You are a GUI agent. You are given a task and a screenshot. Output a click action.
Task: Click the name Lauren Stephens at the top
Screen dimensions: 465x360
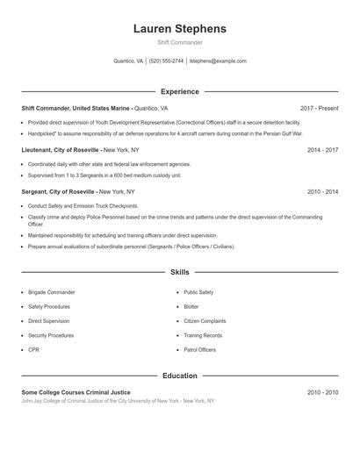tap(179, 28)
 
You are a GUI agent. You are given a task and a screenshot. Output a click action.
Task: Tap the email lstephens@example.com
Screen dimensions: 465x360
tap(218, 61)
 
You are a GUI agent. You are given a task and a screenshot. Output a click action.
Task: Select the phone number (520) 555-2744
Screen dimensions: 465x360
tap(166, 61)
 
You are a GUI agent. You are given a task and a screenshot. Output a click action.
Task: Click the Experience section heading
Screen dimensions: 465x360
tap(179, 91)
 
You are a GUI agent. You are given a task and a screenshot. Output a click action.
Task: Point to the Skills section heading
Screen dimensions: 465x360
tap(179, 273)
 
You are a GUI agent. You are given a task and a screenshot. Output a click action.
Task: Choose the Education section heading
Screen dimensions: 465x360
tap(179, 376)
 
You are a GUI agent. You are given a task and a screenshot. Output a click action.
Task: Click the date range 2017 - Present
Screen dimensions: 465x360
tap(319, 108)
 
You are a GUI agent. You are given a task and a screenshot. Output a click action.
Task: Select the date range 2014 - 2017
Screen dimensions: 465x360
tap(322, 150)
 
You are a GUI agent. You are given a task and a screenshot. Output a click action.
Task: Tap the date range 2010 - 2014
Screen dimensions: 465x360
tap(322, 190)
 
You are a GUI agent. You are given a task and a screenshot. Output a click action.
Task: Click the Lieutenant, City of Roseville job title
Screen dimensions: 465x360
tap(60, 150)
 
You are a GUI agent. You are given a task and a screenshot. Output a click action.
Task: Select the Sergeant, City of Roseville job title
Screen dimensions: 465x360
tap(58, 190)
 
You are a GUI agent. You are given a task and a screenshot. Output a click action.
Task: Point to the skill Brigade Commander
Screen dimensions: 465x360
tap(52, 292)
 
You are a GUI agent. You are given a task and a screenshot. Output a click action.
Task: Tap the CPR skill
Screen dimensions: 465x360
tap(34, 350)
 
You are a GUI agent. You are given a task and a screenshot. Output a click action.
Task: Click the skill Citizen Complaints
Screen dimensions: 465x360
tap(205, 321)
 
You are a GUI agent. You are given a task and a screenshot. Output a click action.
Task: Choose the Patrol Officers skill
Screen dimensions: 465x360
tap(199, 350)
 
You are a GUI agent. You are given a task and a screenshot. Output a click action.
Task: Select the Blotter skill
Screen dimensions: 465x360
tap(191, 307)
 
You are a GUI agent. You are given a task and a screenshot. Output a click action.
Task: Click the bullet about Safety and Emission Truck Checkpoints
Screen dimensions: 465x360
tap(83, 206)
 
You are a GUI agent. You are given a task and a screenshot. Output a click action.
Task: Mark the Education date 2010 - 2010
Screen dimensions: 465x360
tap(322, 391)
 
